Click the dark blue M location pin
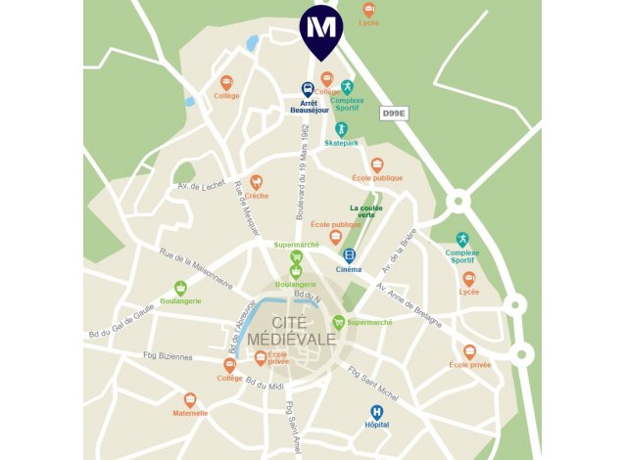pyautogui.click(x=321, y=27)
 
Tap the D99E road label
pyautogui.click(x=394, y=115)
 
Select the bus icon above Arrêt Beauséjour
pyautogui.click(x=308, y=88)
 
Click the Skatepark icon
pyautogui.click(x=341, y=129)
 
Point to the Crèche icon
pyautogui.click(x=257, y=182)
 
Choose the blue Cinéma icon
pyautogui.click(x=349, y=255)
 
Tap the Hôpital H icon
pyautogui.click(x=376, y=412)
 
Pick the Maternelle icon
pyautogui.click(x=190, y=399)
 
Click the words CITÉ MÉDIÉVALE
pyautogui.click(x=290, y=331)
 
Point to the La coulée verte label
pyautogui.click(x=367, y=210)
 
